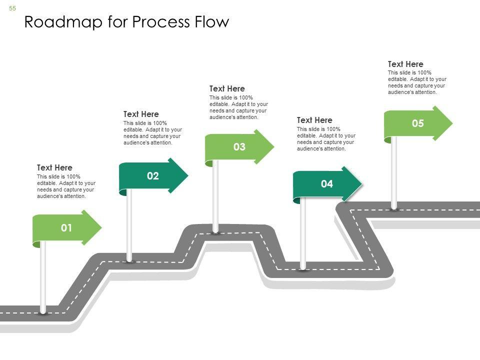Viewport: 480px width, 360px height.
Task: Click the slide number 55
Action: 12,8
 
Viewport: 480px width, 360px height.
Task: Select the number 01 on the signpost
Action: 66,228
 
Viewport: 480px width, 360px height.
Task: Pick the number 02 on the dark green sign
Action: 152,176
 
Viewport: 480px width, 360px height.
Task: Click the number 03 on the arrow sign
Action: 239,147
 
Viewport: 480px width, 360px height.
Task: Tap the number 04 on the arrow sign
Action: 326,184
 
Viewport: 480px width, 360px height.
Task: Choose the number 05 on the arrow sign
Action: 417,123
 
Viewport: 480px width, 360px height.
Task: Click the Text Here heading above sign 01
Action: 54,167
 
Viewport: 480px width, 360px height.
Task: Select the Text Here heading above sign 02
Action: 141,114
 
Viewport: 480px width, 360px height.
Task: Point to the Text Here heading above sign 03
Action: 227,89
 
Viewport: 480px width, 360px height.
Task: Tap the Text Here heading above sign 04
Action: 314,120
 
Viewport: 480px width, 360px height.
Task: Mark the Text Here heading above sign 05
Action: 405,64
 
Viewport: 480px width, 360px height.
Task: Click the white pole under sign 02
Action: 129,225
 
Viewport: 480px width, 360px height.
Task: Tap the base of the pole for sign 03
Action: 216,231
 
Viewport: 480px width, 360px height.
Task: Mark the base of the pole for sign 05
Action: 394,207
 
